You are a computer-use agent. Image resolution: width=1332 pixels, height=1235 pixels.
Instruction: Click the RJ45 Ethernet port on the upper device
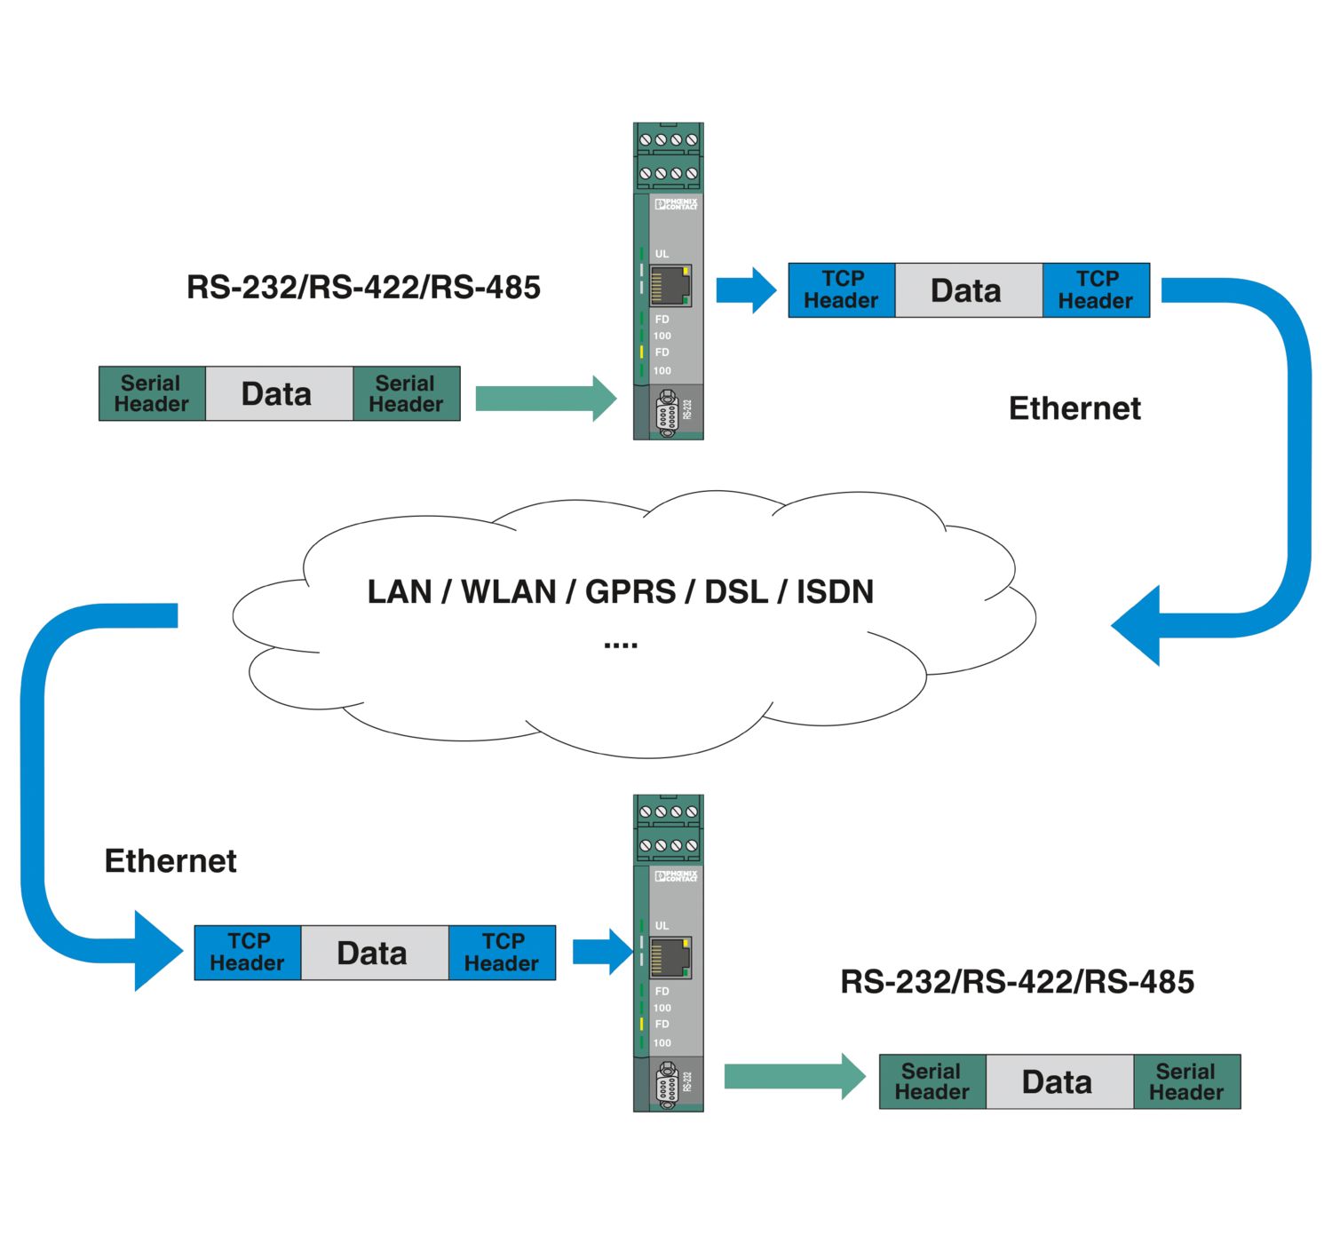point(670,286)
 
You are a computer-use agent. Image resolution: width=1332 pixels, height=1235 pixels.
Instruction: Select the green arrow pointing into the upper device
point(545,398)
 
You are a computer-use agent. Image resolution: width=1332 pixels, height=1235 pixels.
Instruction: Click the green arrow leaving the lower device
point(794,1077)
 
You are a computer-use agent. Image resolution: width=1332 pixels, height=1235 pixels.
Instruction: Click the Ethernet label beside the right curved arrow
point(1074,408)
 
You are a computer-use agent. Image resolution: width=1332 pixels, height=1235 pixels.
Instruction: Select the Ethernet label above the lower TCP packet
point(170,861)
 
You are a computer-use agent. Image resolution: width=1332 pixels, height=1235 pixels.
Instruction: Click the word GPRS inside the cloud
point(630,591)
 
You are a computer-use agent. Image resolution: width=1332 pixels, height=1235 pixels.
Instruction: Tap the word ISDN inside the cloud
point(835,591)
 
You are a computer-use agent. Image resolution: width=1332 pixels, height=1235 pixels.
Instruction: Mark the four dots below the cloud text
point(621,645)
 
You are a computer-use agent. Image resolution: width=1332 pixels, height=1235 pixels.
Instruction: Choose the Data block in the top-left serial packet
point(278,393)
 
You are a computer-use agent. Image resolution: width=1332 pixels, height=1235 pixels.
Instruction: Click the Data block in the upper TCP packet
point(967,290)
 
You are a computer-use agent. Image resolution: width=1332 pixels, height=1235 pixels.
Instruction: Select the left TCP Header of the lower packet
point(248,953)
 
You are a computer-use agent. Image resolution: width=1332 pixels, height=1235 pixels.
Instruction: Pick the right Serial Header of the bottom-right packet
point(1185,1082)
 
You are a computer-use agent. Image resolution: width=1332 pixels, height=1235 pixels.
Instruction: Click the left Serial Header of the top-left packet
point(152,393)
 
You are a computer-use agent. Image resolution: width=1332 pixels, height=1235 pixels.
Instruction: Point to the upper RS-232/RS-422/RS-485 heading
point(363,288)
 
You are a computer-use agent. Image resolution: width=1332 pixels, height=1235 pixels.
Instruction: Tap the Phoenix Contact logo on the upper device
point(677,204)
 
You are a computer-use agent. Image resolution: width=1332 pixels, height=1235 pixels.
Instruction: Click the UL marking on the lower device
point(662,925)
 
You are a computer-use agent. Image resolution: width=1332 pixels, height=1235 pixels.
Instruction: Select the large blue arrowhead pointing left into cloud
point(1140,625)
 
